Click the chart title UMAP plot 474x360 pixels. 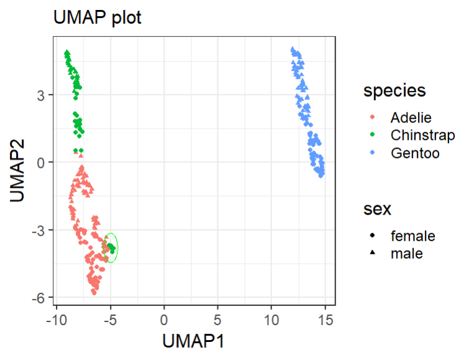pyautogui.click(x=97, y=18)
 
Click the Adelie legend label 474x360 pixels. pyautogui.click(x=411, y=118)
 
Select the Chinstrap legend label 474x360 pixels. pyautogui.click(x=422, y=135)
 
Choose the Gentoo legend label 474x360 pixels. pyautogui.click(x=414, y=153)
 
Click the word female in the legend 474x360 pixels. pyautogui.click(x=412, y=236)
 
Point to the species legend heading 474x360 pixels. pyautogui.click(x=394, y=91)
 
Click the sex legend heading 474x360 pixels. pyautogui.click(x=377, y=210)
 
